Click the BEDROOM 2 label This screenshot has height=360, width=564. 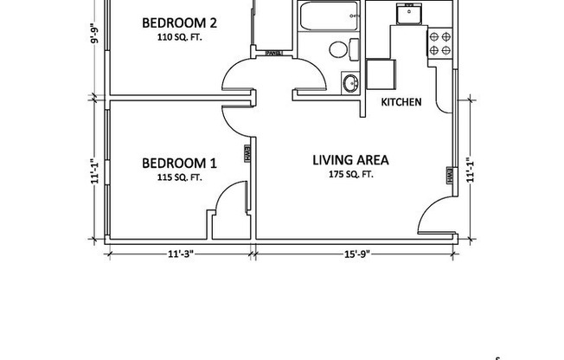(179, 22)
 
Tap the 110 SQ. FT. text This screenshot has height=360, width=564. (179, 38)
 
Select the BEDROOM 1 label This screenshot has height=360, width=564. (179, 163)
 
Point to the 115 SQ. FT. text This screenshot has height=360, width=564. (179, 177)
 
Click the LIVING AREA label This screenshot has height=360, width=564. (349, 160)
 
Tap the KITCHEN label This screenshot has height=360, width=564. (401, 102)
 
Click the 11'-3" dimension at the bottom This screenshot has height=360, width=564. (180, 254)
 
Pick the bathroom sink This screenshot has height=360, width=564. (350, 84)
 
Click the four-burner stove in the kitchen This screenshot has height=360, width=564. (439, 43)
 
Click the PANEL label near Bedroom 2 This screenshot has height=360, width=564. (274, 52)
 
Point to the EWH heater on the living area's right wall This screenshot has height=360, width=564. (450, 176)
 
